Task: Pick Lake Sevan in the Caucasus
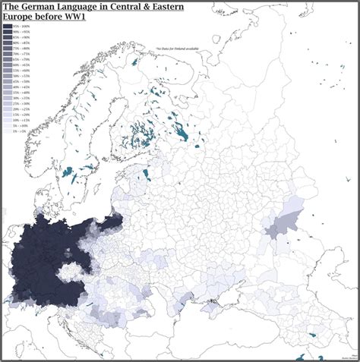[313, 335]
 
